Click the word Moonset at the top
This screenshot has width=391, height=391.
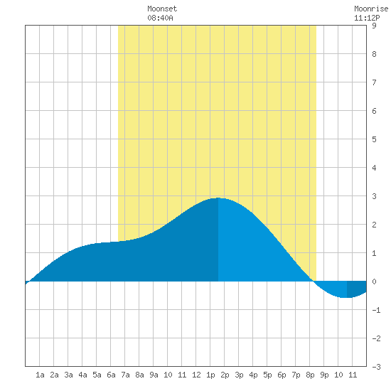point(162,9)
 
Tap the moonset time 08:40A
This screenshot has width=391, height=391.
point(160,18)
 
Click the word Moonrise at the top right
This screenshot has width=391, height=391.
point(371,9)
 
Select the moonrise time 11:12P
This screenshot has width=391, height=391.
point(367,18)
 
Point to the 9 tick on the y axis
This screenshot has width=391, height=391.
point(374,26)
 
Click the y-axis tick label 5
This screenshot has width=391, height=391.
point(374,139)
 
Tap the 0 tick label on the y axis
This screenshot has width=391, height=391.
point(374,282)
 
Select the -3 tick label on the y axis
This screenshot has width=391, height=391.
point(376,367)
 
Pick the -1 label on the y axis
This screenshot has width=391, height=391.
point(376,310)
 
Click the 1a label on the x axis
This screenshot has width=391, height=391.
point(40,375)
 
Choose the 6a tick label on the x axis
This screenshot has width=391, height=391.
point(111,375)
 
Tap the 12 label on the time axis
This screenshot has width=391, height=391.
point(196,375)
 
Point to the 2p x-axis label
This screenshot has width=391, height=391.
point(225,375)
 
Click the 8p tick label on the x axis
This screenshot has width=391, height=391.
point(310,375)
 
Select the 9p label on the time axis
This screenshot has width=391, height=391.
point(324,375)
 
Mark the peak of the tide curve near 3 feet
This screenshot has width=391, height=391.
point(218,198)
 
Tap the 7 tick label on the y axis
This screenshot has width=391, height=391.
point(374,82)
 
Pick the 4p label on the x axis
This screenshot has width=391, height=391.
point(253,375)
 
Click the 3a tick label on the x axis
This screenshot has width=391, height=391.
point(68,375)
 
